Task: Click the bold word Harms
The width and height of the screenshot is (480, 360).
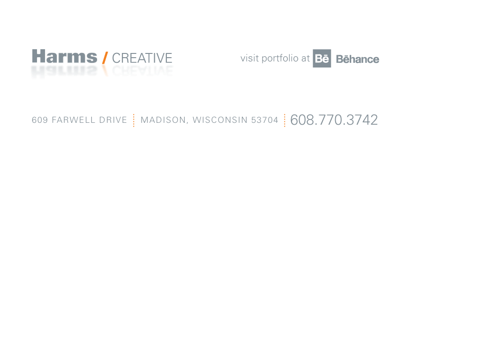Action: [x=65, y=56]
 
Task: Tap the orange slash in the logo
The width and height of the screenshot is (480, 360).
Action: [x=105, y=58]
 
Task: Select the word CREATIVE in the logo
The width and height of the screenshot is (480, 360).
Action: [x=142, y=58]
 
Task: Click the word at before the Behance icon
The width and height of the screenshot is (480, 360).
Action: [x=306, y=58]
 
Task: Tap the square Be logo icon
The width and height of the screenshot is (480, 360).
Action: [x=322, y=58]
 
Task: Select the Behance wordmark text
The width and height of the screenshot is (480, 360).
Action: [x=358, y=59]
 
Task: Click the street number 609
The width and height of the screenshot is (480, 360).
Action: [x=40, y=120]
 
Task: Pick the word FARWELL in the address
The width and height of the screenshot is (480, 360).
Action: [x=74, y=120]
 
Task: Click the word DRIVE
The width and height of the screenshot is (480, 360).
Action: [x=113, y=120]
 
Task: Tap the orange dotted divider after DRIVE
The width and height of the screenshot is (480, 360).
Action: [x=134, y=120]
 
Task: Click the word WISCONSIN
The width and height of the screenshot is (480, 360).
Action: [x=220, y=120]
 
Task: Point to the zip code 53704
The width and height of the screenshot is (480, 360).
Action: [x=265, y=120]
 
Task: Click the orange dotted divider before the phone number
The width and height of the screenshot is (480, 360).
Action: [x=285, y=120]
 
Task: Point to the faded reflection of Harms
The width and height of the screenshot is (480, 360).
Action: [x=65, y=71]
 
